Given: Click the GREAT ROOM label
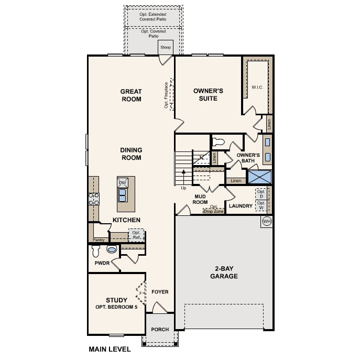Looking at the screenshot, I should [131, 95].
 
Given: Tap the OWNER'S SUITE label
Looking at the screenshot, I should [208, 94].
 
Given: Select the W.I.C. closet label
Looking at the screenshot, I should [257, 87].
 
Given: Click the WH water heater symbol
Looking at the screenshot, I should [266, 221].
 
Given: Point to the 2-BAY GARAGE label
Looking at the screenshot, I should [224, 272].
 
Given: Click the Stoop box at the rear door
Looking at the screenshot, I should [166, 47].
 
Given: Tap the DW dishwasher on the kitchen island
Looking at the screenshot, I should [123, 183].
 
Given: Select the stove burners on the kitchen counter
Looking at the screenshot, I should [94, 199].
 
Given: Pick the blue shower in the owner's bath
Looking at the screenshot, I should [260, 177].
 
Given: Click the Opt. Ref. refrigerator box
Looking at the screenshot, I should [136, 235].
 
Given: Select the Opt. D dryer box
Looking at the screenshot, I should [261, 193].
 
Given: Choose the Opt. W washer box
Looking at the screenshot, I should [261, 205].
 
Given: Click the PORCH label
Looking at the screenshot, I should [160, 330].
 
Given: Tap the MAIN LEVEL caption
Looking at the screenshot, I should [110, 349].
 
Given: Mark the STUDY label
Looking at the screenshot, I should [116, 300].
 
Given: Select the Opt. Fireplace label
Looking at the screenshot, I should [167, 95].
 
